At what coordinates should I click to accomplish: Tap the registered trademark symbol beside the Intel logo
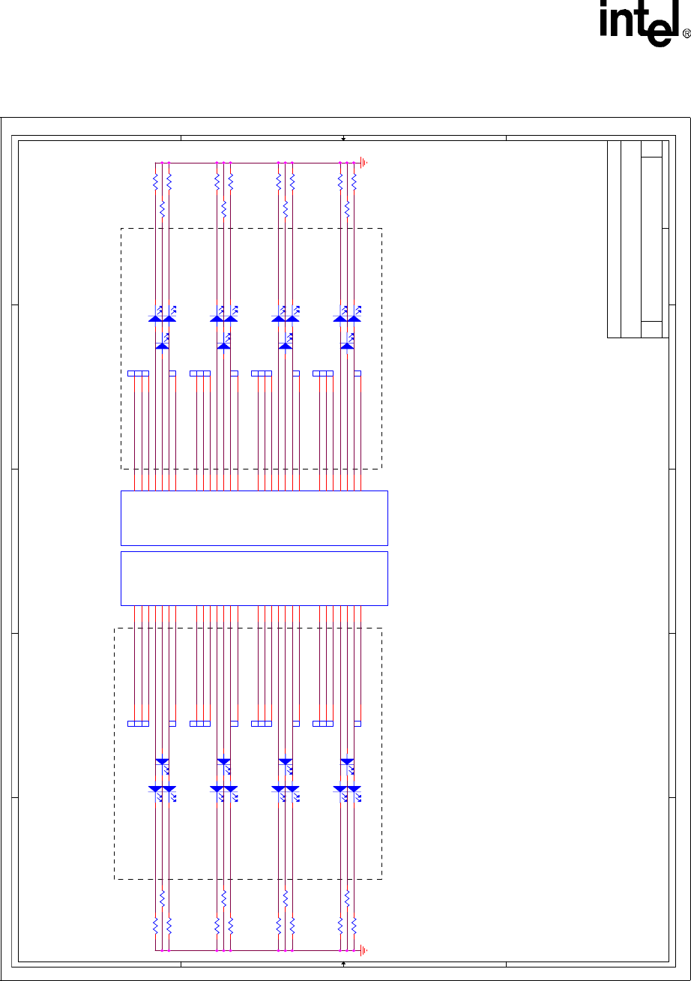686,34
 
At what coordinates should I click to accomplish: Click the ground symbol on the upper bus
363,162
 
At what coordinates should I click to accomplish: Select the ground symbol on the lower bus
363,950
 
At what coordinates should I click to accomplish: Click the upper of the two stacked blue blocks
254,517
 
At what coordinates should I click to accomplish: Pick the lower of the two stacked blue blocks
254,578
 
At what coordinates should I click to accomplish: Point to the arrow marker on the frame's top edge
343,139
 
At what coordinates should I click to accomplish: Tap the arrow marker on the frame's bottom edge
343,962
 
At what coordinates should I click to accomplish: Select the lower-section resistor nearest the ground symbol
354,925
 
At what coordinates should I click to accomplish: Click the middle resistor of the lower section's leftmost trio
163,898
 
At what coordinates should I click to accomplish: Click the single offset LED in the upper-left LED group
163,345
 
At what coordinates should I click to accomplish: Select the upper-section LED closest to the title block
354,318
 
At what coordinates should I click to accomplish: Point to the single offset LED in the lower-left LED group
163,762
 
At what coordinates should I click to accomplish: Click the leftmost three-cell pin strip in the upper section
138,373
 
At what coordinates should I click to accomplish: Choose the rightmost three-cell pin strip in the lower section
323,723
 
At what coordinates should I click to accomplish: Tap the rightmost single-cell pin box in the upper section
357,373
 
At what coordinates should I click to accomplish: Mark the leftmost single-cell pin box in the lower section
172,723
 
